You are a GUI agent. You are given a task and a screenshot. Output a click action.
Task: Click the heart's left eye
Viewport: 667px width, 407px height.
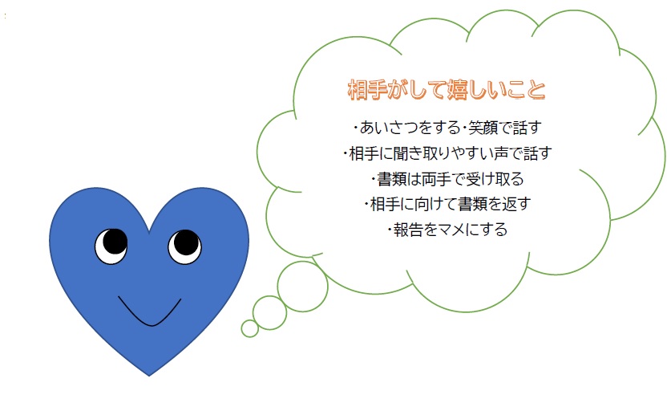coord(111,246)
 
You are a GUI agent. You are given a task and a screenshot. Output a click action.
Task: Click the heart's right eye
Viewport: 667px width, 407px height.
coord(184,246)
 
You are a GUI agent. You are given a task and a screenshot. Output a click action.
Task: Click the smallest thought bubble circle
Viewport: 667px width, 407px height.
coord(250,328)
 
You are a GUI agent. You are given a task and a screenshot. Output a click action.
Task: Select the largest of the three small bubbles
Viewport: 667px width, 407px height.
coord(302,285)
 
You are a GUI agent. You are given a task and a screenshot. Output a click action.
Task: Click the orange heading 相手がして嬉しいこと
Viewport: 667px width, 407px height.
coord(447,89)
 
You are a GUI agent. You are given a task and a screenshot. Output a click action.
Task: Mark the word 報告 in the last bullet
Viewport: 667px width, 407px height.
coord(406,230)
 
